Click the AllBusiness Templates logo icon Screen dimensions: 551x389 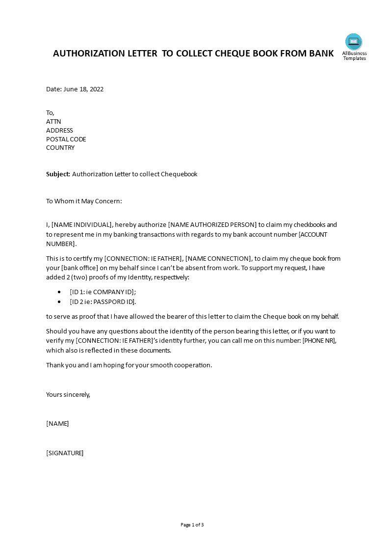click(x=353, y=42)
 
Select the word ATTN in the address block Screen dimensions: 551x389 click(x=53, y=122)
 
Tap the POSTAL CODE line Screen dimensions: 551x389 click(x=66, y=139)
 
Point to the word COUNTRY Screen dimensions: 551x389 click(x=60, y=148)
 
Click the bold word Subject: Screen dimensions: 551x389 click(x=58, y=174)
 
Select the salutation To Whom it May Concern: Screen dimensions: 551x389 click(x=84, y=201)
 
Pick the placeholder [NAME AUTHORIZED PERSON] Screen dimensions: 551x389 click(x=212, y=225)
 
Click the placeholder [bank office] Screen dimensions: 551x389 click(x=79, y=268)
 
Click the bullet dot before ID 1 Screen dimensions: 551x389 click(x=59, y=292)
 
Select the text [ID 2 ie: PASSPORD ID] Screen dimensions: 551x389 click(x=103, y=302)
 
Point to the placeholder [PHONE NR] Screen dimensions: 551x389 click(x=319, y=341)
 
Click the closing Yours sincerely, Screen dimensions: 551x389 click(x=68, y=394)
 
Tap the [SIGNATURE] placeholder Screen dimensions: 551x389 click(x=65, y=453)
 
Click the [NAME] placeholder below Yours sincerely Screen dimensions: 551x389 click(x=57, y=424)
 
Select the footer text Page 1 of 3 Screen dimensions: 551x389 click(x=192, y=525)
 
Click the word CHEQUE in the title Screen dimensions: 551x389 click(x=233, y=54)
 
